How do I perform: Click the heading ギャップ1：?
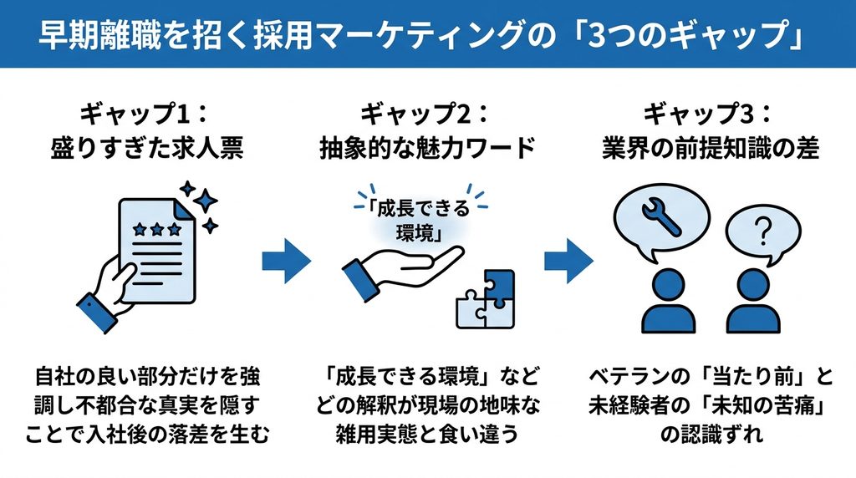pyautogui.click(x=145, y=114)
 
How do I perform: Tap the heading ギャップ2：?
pyautogui.click(x=425, y=114)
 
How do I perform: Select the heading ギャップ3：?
pyautogui.click(x=708, y=114)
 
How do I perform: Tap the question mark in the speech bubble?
pyautogui.click(x=763, y=231)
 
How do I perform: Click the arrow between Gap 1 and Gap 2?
pyautogui.click(x=286, y=261)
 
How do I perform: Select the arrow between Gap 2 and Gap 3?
pyautogui.click(x=568, y=261)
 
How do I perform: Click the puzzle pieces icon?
pyautogui.click(x=486, y=299)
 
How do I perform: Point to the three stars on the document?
pyautogui.click(x=156, y=229)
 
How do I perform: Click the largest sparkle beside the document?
pyautogui.click(x=206, y=201)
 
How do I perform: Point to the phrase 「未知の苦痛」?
pyautogui.click(x=762, y=406)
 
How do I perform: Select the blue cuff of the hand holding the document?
pyautogui.click(x=97, y=312)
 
